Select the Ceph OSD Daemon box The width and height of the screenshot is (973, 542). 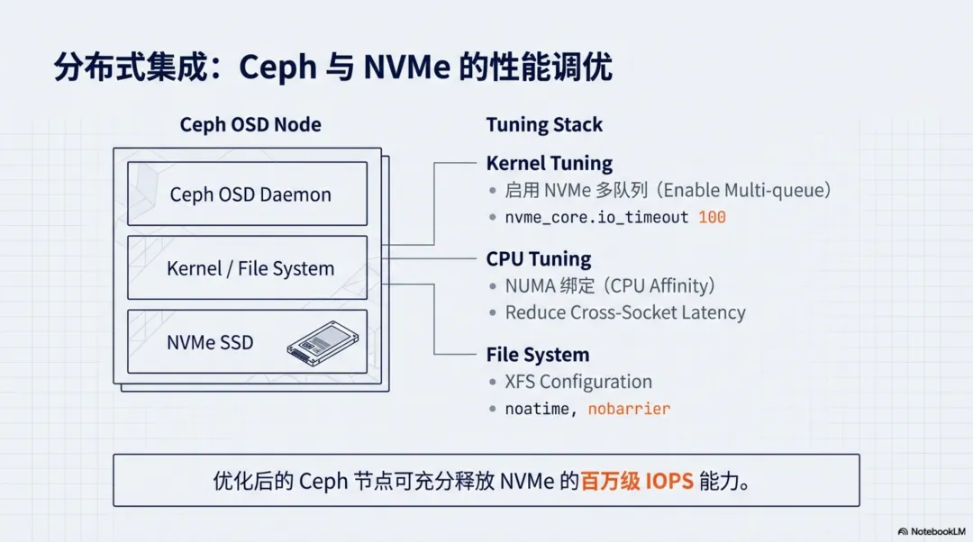[248, 194]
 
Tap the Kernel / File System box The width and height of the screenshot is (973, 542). [248, 268]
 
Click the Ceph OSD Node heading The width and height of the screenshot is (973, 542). [250, 124]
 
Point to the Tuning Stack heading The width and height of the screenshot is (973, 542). [544, 125]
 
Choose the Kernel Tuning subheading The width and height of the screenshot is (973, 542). [549, 163]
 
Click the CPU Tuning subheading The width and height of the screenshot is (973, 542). [539, 259]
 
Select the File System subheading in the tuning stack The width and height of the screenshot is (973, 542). [537, 355]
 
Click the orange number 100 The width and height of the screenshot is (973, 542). [712, 217]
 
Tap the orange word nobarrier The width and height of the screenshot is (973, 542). [629, 409]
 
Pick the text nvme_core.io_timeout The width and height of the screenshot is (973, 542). [596, 217]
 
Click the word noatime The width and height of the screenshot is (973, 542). [537, 409]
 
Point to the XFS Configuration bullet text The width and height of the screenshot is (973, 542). [578, 382]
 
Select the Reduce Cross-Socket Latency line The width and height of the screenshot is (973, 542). [625, 312]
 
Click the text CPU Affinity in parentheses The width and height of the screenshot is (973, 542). [662, 286]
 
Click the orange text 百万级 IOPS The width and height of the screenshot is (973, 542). [637, 481]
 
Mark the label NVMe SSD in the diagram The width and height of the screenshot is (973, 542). [210, 342]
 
